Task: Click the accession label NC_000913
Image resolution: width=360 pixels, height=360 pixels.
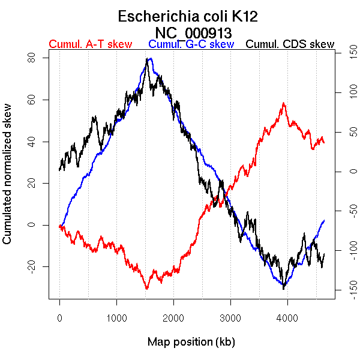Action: point(193,32)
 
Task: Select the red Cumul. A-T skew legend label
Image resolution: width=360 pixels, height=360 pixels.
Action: point(90,44)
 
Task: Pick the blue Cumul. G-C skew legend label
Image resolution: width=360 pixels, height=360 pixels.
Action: point(191,44)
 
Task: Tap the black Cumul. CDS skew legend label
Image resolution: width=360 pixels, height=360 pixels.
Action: point(290,44)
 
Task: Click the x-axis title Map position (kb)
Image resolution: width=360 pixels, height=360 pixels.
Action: point(191,342)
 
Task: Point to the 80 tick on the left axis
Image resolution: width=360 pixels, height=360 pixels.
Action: point(31,58)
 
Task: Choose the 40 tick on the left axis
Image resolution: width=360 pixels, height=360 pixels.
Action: point(31,141)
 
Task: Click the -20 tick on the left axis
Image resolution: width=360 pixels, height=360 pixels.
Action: point(31,266)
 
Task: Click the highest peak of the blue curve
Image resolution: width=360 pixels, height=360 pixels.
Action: point(149,59)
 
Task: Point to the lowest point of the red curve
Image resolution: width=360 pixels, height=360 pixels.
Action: point(146,289)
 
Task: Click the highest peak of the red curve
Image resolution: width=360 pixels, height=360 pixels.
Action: point(283,103)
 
